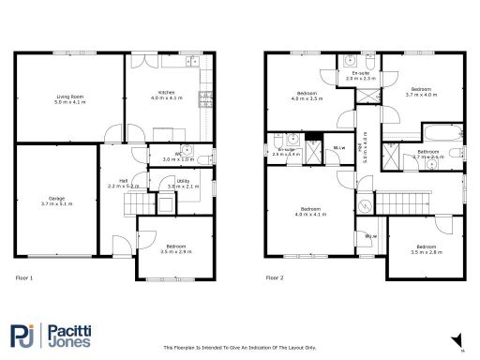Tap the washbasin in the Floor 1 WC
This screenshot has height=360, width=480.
tap(187, 150)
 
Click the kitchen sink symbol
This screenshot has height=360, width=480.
tap(192, 64)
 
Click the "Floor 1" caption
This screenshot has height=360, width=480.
tap(25, 278)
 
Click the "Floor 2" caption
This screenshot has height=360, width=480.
tap(274, 278)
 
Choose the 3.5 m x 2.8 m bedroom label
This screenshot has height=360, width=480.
tap(426, 250)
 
